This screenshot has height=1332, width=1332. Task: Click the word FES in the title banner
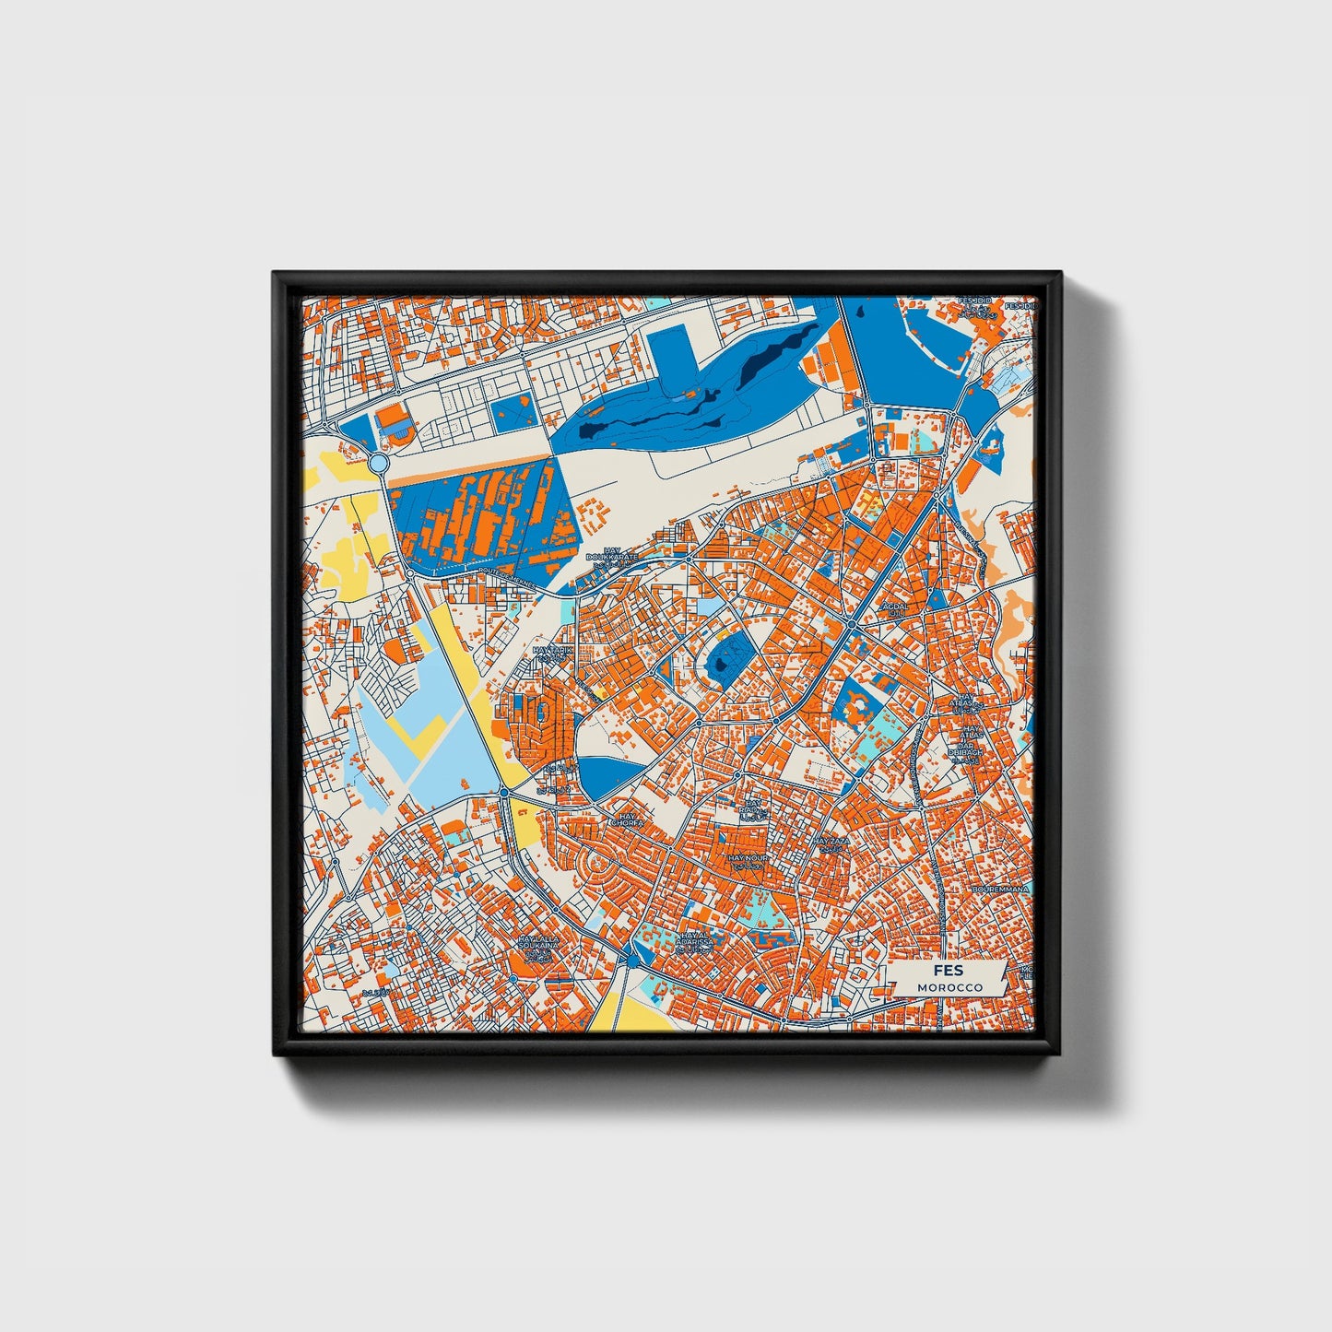coord(948,971)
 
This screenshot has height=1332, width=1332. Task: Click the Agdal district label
coord(895,608)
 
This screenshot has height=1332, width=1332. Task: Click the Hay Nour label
coord(747,859)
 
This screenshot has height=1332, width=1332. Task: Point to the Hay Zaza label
coord(831,843)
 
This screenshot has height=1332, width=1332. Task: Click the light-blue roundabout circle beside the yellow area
coord(379,462)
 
